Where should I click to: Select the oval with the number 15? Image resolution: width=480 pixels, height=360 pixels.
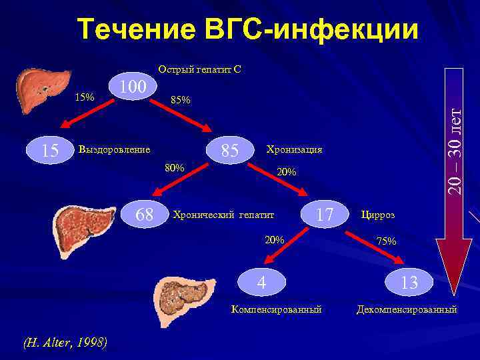tap(50, 151)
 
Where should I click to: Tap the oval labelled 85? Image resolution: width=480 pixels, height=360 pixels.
tap(230, 151)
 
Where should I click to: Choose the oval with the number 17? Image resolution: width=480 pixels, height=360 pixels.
tap(325, 215)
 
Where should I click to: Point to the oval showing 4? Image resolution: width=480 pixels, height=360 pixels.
tap(262, 283)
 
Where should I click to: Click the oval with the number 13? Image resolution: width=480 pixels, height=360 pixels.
tap(409, 283)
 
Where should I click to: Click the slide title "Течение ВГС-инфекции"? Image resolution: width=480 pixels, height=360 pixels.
tap(248, 29)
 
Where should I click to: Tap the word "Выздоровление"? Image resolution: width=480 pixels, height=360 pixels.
tap(114, 149)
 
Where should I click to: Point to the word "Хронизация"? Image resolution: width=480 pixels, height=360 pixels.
tap(294, 149)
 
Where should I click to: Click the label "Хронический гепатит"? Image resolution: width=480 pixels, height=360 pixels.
tap(223, 215)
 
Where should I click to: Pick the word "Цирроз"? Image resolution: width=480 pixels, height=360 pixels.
tap(377, 215)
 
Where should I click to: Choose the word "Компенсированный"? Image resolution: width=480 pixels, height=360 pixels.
tap(276, 309)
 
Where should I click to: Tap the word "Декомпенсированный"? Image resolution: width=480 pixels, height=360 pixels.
tap(407, 309)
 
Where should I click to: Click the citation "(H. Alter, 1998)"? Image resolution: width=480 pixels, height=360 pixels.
tap(65, 343)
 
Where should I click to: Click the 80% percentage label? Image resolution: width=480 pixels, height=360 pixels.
tap(175, 167)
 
